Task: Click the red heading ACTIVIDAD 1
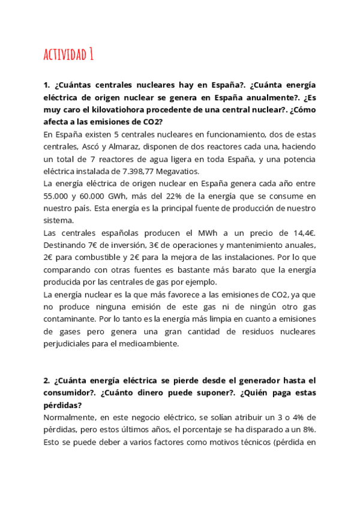68,55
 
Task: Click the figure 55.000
55,196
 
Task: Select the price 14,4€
302,233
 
